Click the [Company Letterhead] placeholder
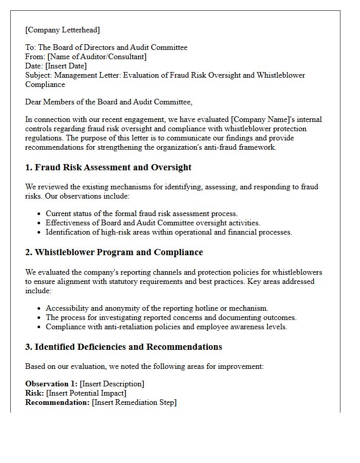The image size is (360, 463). (x=63, y=30)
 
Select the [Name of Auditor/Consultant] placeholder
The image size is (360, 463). (x=97, y=57)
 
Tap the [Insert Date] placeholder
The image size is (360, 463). (x=66, y=66)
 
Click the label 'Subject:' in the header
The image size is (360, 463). (x=39, y=75)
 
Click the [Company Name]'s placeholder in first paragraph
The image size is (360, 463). (x=262, y=119)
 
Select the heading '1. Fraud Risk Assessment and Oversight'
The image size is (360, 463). (x=108, y=167)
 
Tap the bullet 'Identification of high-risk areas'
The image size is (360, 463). (x=169, y=232)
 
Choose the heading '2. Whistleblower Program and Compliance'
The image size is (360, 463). (x=114, y=252)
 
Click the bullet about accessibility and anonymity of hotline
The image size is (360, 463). (x=157, y=308)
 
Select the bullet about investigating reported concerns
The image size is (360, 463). (x=171, y=317)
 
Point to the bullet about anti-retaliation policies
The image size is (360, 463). (x=166, y=327)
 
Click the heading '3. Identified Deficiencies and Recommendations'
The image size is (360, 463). (x=123, y=347)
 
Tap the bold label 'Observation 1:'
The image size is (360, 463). (x=51, y=384)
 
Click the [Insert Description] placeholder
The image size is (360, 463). (x=112, y=384)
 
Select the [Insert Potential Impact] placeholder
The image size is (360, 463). (x=86, y=393)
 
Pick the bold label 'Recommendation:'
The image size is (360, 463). (x=58, y=402)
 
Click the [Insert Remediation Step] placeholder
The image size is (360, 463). (x=134, y=402)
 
